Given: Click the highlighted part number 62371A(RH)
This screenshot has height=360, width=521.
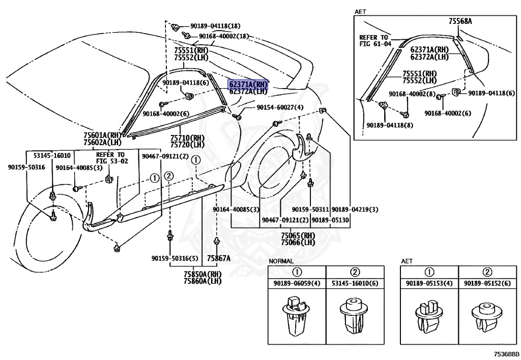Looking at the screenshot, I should coord(248,84).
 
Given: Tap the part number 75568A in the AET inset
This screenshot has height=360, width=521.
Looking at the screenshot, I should coord(460,21).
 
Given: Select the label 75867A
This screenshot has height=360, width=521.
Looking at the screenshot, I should coord(217,258).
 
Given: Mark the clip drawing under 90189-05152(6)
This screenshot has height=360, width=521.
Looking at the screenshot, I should coord(486,316).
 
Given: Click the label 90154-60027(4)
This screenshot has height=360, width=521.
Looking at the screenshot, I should coord(280,107).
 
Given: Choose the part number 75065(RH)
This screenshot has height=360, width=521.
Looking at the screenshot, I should coord(298,236).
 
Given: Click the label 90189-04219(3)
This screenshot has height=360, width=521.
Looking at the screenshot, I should coord(355,210).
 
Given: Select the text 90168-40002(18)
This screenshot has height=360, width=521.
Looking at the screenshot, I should coord(224,36).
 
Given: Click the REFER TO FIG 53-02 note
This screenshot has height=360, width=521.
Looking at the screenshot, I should coord(110,157).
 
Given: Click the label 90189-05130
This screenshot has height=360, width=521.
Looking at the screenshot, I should coord(330,219).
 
